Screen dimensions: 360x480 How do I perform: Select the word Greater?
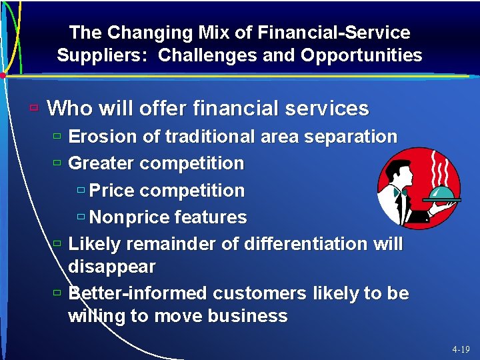click(x=102, y=163)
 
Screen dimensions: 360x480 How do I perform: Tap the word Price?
click(x=110, y=191)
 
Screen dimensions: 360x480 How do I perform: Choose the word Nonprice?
click(x=129, y=217)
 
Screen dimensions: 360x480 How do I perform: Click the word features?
click(x=211, y=217)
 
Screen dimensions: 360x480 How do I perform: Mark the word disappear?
click(x=112, y=267)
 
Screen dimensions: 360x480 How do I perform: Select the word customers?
click(x=256, y=294)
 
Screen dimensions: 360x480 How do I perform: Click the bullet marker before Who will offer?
click(x=34, y=107)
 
